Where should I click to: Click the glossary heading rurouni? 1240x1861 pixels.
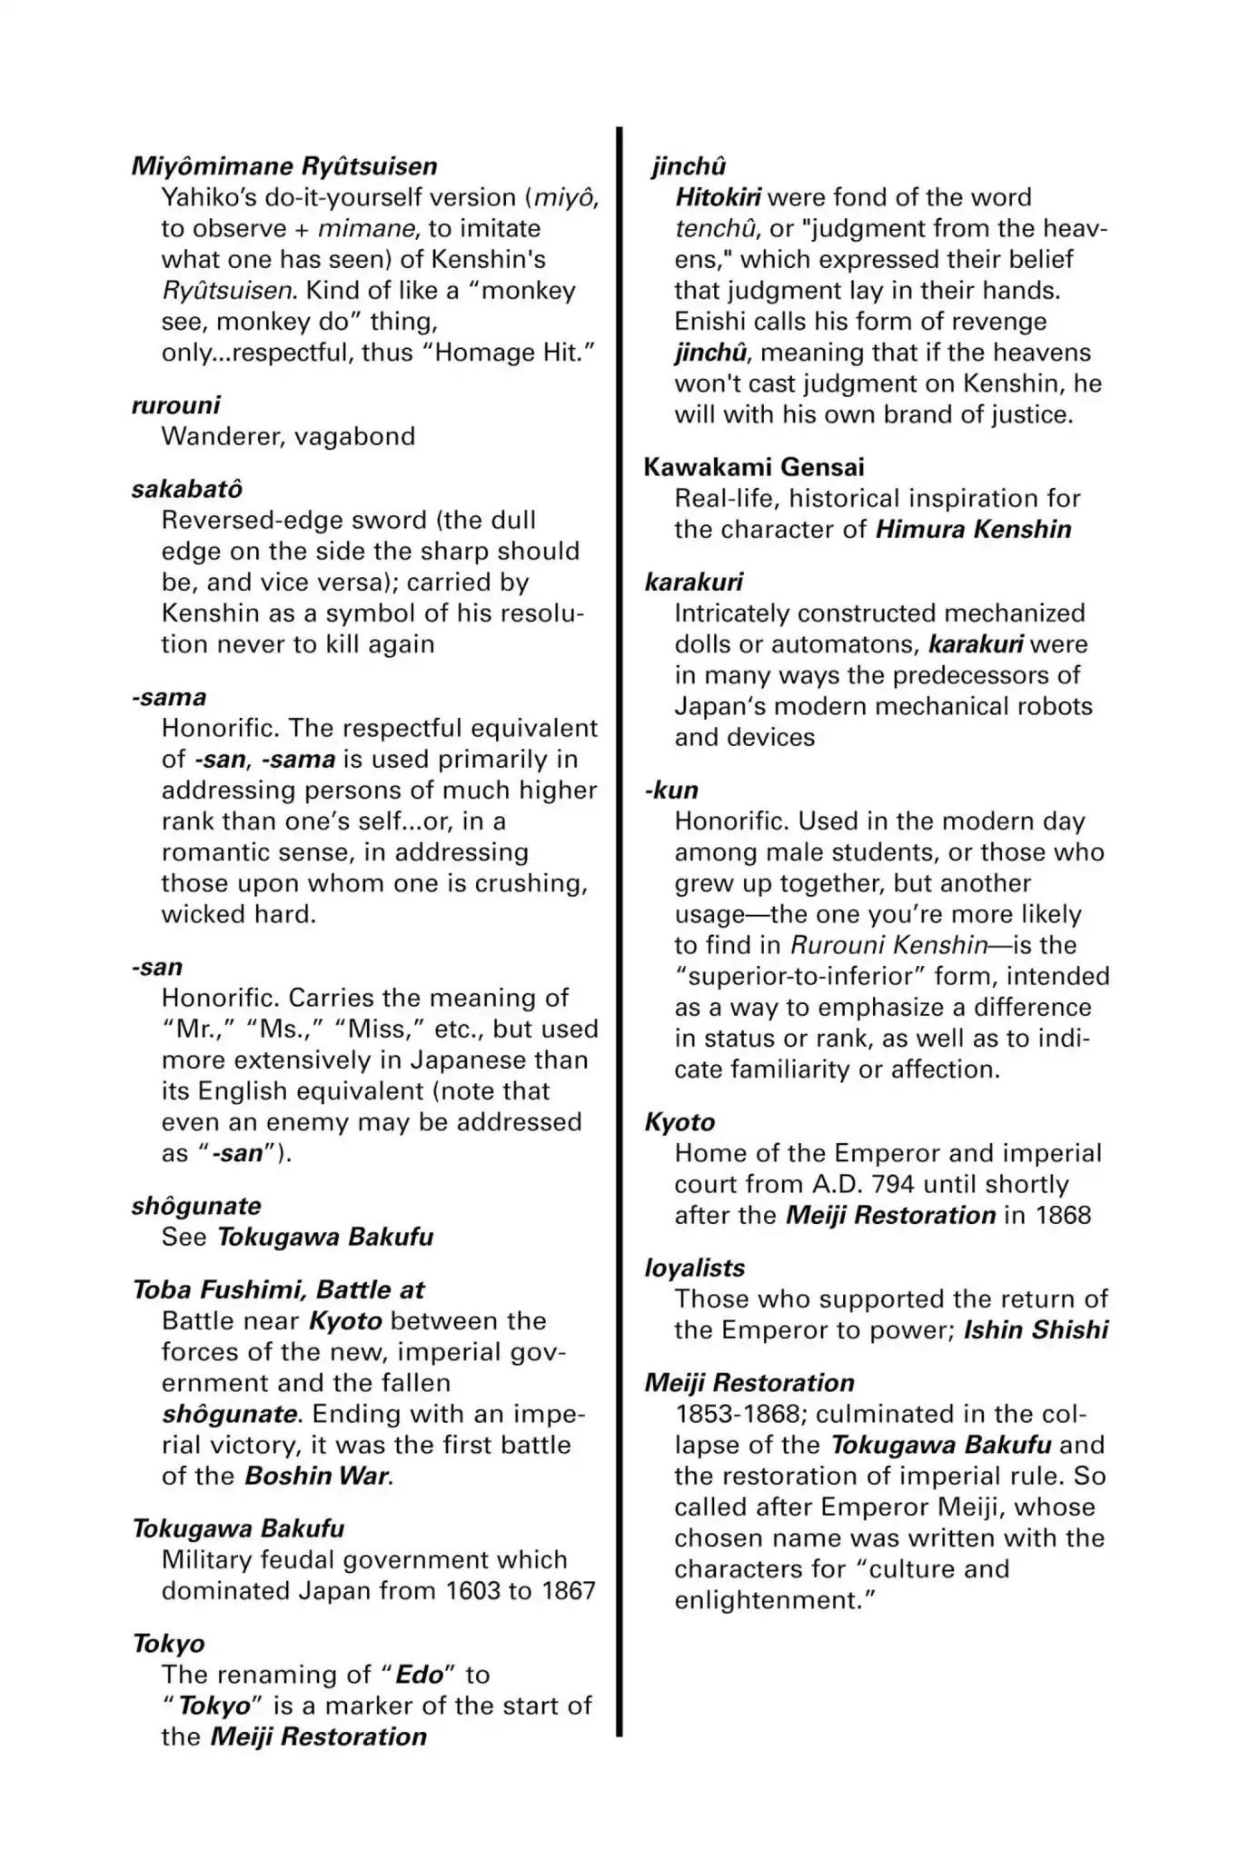pyautogui.click(x=175, y=404)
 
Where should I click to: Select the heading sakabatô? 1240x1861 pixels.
pyautogui.click(x=187, y=489)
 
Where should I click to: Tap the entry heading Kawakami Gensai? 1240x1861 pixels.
pyautogui.click(x=754, y=467)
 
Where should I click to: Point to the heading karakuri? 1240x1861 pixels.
pyautogui.click(x=693, y=582)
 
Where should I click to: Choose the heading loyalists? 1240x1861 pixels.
pyautogui.click(x=694, y=1268)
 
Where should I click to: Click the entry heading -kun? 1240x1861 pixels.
pyautogui.click(x=671, y=790)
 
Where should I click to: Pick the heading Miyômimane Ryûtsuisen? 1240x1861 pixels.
pyautogui.click(x=284, y=166)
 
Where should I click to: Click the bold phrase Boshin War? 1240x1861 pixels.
pyautogui.click(x=317, y=1476)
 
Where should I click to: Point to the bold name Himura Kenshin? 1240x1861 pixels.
pyautogui.click(x=973, y=529)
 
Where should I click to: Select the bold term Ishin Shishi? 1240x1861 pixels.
pyautogui.click(x=1036, y=1330)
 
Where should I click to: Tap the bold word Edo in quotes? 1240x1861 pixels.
pyautogui.click(x=420, y=1675)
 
